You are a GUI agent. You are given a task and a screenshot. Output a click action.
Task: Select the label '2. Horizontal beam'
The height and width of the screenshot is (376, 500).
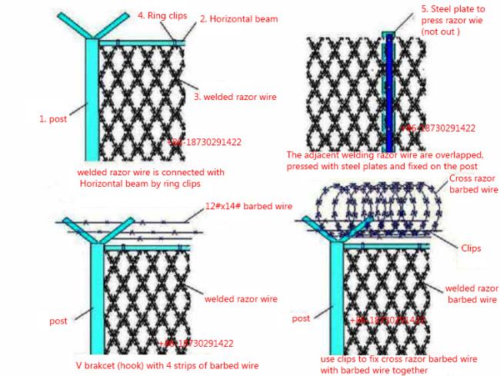pyautogui.click(x=239, y=18)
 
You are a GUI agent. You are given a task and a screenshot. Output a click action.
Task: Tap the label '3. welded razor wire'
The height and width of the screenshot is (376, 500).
pyautogui.click(x=235, y=97)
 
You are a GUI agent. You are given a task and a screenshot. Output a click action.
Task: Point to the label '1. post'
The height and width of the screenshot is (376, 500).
pyautogui.click(x=53, y=119)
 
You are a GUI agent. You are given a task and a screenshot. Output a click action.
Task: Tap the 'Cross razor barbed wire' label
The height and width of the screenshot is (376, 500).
pyautogui.click(x=472, y=184)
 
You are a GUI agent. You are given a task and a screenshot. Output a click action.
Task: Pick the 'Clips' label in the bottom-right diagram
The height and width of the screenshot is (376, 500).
pyautogui.click(x=471, y=248)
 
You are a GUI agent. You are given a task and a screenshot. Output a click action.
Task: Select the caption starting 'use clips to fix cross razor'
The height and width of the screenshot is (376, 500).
pyautogui.click(x=398, y=364)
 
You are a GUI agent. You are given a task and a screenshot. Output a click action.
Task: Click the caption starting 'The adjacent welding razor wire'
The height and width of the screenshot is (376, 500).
pyautogui.click(x=385, y=160)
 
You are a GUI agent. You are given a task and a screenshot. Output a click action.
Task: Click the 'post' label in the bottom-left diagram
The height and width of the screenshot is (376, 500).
pyautogui.click(x=58, y=321)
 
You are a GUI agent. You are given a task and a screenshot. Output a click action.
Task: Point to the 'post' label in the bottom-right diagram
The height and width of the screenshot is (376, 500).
pyautogui.click(x=301, y=318)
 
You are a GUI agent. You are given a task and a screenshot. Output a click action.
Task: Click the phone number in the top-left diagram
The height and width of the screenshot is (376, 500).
pyautogui.click(x=204, y=142)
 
